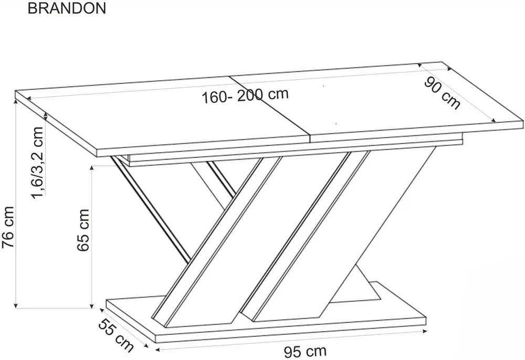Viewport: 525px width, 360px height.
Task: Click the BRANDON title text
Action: tap(67, 8)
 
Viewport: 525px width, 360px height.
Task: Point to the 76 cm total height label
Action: tap(8, 227)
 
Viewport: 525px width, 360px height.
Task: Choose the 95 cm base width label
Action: tap(305, 352)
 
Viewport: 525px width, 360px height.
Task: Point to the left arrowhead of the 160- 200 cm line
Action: tap(28, 98)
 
